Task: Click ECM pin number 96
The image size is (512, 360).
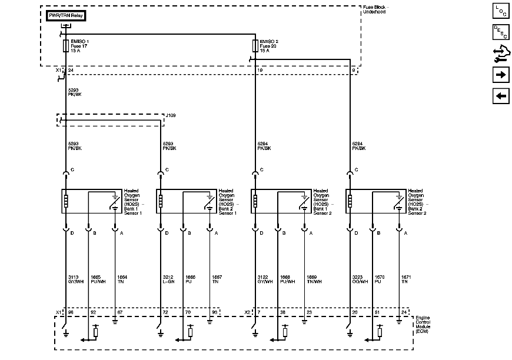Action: coord(71,312)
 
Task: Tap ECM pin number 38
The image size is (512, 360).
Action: coord(283,312)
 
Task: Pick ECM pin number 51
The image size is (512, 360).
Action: coord(376,312)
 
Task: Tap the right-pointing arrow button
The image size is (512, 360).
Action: coord(500,75)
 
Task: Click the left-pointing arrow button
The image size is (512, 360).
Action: coord(500,96)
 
